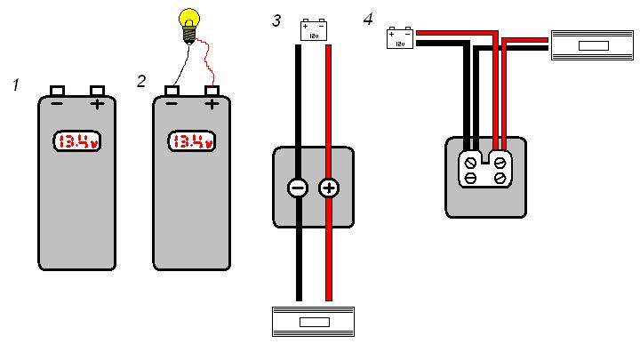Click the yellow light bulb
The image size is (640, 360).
[x=189, y=26]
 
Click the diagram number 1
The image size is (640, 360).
[x=15, y=85]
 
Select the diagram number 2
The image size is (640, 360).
[x=141, y=81]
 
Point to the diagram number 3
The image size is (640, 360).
[x=276, y=20]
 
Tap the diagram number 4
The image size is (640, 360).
[x=368, y=19]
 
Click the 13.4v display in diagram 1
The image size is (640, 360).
[x=77, y=141]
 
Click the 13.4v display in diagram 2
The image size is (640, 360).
[x=192, y=141]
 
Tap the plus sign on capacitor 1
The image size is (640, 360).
[x=97, y=104]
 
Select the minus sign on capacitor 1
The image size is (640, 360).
[x=57, y=104]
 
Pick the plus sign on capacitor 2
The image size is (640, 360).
[x=212, y=104]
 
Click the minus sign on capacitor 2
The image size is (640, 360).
[x=172, y=104]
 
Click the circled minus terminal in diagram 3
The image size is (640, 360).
[x=298, y=188]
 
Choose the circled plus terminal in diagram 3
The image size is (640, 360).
[x=329, y=188]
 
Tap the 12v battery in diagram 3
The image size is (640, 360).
[x=314, y=30]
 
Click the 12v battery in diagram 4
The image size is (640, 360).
[x=400, y=38]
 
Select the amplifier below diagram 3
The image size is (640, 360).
[x=313, y=322]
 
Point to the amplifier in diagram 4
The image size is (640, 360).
[x=593, y=45]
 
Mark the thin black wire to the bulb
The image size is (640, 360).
[x=181, y=65]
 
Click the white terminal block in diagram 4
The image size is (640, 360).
[x=485, y=169]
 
